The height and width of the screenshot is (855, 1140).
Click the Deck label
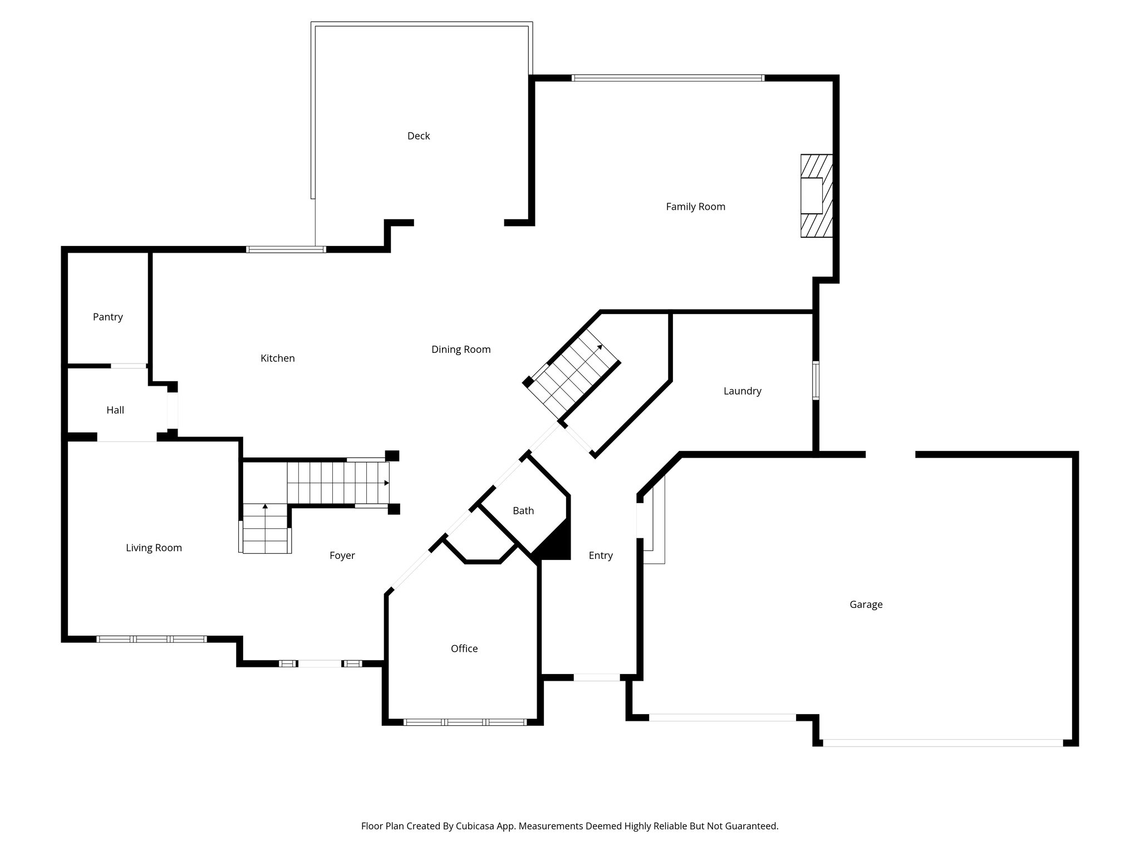point(419,136)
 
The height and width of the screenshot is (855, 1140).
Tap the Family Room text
point(695,207)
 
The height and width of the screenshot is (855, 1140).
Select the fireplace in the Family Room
point(816,196)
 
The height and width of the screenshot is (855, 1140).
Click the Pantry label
point(107,317)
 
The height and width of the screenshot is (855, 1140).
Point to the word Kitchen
point(277,358)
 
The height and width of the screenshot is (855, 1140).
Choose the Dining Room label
point(461,350)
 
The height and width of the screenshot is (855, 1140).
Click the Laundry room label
point(742,391)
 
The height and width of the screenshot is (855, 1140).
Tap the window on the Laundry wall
point(815,380)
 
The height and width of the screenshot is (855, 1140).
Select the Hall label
point(115,410)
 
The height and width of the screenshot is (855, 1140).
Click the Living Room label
point(154,548)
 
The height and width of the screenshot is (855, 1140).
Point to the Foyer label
point(342,556)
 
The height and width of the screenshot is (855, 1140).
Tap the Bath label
point(523,510)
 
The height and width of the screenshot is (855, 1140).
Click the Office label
point(464,648)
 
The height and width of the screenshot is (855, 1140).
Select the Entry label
point(601,556)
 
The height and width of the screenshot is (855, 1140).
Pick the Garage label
point(866,605)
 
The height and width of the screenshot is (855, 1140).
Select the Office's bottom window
point(465,722)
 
